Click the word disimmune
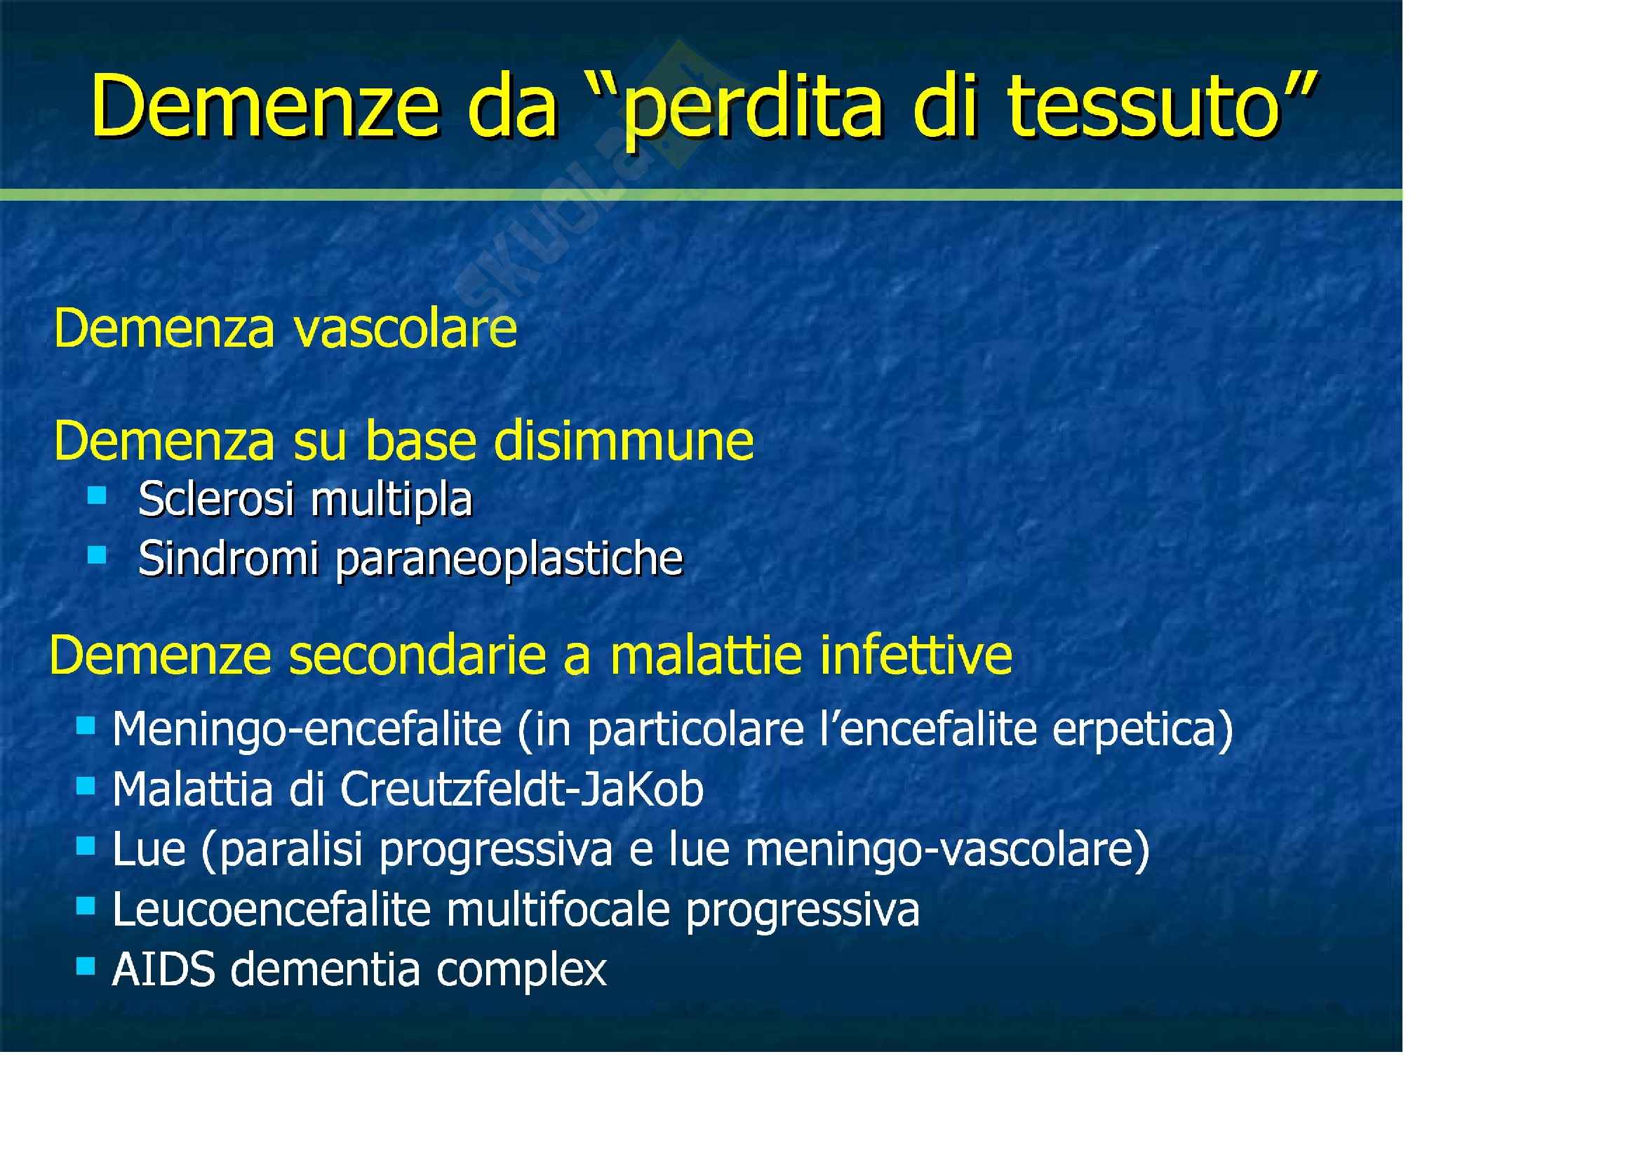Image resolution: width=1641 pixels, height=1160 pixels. click(623, 440)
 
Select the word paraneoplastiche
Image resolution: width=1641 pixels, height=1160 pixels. click(509, 559)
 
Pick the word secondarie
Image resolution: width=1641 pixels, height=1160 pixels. click(419, 656)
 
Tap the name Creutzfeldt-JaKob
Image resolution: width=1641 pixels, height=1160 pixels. click(522, 789)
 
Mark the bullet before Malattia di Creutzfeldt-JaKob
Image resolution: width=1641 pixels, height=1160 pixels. click(85, 786)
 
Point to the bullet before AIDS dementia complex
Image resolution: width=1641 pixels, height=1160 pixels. click(85, 967)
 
